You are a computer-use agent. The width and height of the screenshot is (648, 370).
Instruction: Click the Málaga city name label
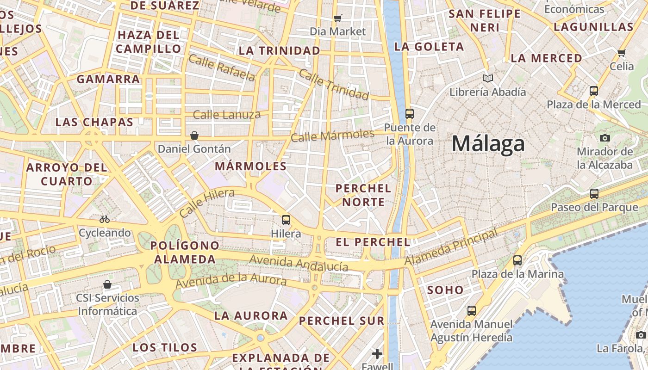coord(488,143)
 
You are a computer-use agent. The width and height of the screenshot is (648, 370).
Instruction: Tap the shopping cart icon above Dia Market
coord(338,18)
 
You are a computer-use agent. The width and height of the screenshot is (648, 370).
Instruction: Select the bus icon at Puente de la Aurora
coord(409,113)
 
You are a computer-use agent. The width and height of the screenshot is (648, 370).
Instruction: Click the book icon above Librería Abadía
coord(487,78)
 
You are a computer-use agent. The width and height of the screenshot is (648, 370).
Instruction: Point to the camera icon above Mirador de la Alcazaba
coord(604,137)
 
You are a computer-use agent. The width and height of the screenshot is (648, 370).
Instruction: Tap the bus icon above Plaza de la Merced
coord(594,91)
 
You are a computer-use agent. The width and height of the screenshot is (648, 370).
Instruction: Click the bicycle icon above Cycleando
coord(105,219)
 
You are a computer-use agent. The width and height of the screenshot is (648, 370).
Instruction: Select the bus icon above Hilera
coord(286,220)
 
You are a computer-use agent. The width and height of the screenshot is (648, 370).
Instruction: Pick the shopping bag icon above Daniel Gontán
coord(194,136)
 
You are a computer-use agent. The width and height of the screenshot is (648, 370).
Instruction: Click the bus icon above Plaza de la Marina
coord(517,260)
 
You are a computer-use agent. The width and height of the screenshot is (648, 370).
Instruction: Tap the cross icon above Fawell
coord(377,354)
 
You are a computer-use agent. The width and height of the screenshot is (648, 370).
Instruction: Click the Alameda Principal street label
coord(451,247)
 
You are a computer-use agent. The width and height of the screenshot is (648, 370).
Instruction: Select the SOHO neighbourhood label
coord(445,290)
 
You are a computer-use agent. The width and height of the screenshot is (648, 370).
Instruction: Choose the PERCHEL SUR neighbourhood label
coord(342,321)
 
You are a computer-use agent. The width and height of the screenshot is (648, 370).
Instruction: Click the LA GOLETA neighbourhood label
coord(429,47)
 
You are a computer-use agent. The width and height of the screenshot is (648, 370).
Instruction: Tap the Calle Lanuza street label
coord(227,115)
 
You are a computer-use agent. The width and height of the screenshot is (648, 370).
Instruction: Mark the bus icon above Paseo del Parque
coord(594,194)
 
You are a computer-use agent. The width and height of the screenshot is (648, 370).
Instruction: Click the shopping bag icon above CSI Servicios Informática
coord(107,284)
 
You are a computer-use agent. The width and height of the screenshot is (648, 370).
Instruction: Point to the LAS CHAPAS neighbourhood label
coord(94,122)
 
